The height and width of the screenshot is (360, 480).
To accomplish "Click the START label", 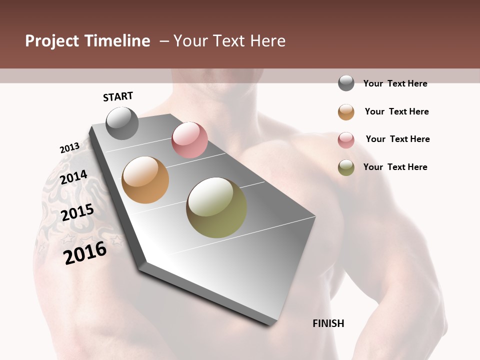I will (118, 96).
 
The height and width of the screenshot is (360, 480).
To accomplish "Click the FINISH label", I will (328, 323).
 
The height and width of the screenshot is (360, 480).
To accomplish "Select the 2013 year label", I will (69, 148).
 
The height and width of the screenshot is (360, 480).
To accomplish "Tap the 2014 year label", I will (73, 177).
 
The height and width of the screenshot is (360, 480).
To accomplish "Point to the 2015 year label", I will (77, 212).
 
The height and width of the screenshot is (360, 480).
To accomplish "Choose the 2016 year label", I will (85, 253).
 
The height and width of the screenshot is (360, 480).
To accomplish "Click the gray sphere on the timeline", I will (122, 123).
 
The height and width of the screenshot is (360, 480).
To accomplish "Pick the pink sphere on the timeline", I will (189, 140).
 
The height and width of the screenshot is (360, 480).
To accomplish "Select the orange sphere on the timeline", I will (145, 180).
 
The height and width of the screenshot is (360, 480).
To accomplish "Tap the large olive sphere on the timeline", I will (216, 207).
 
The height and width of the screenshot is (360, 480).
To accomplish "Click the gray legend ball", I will (346, 83).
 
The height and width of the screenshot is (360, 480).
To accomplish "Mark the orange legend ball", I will (346, 111).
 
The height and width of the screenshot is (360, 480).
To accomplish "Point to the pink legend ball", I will (346, 139).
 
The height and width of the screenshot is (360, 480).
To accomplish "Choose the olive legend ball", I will (346, 167).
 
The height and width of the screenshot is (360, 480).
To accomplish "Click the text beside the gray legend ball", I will (395, 83).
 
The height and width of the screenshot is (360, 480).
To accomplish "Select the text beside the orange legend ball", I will (396, 111).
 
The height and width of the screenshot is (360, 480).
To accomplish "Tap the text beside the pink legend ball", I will (397, 139).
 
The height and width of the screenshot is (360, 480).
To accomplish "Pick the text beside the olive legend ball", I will (395, 167).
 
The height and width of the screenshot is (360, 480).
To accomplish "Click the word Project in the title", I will (51, 41).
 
